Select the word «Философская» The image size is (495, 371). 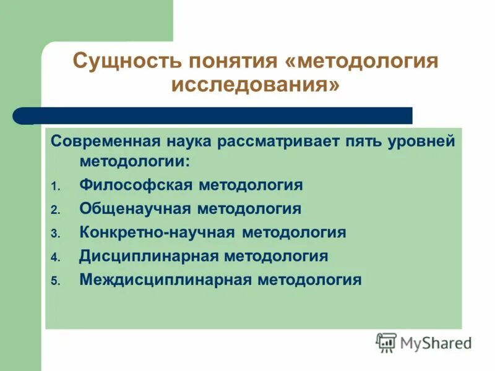coord(138,185)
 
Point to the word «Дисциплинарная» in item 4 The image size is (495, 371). coord(150,256)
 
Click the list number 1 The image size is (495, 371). coord(54,186)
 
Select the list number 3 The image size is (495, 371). coord(54,234)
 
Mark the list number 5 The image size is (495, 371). coord(54,281)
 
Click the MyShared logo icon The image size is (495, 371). coord(387,343)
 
